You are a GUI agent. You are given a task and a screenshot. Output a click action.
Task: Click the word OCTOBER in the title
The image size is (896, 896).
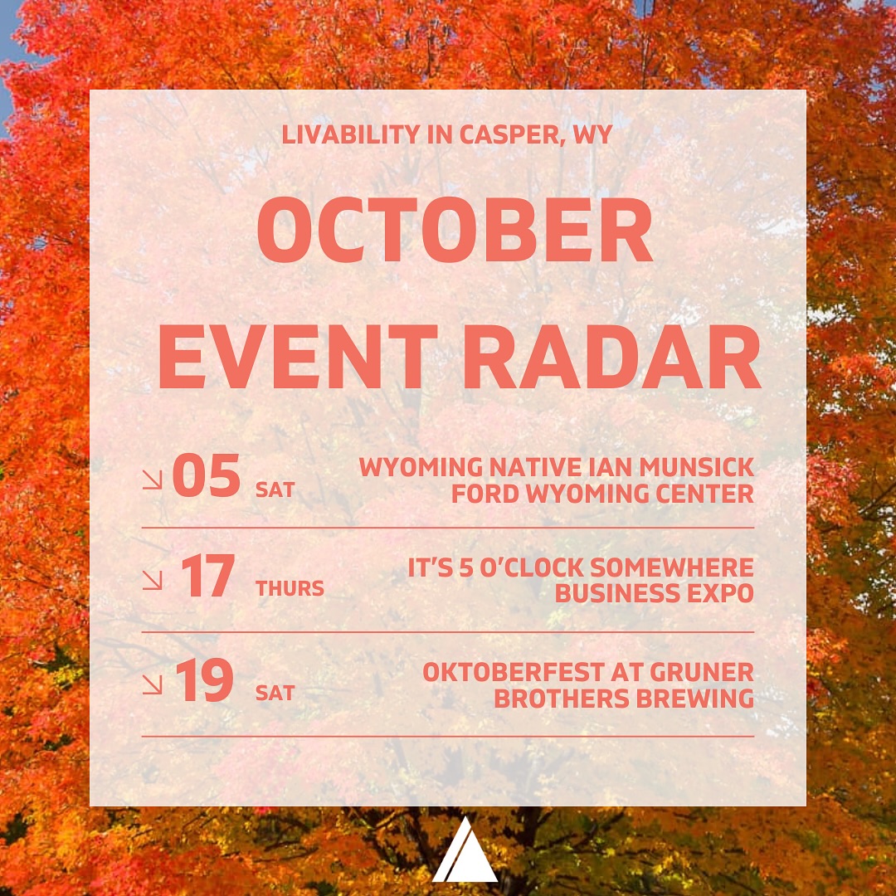coord(455,230)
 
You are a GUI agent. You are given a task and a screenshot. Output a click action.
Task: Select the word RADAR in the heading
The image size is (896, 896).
coord(611,357)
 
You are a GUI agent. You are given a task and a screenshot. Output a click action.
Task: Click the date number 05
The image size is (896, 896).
coord(207,475)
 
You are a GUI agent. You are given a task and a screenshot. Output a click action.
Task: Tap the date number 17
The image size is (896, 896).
coord(207,576)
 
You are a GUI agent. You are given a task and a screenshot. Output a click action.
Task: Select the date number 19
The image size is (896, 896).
coord(205,679)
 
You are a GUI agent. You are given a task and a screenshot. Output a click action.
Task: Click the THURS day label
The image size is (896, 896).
coord(290,588)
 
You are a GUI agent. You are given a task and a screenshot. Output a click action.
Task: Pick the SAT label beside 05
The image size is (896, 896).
coord(275,489)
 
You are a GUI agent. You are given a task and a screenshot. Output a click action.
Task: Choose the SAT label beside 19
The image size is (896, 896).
coord(275,693)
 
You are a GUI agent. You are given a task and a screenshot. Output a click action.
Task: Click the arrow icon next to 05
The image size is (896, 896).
coord(153,480)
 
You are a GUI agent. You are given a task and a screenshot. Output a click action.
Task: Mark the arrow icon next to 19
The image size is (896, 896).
coord(153,684)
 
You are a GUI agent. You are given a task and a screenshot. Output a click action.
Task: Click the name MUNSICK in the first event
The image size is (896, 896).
coord(697,467)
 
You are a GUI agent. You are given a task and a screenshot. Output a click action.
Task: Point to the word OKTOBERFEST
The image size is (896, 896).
coord(514,673)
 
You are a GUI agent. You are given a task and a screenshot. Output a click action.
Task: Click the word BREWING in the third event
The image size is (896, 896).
coord(695,699)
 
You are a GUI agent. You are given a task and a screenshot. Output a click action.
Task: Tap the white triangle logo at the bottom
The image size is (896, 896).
coord(465,851)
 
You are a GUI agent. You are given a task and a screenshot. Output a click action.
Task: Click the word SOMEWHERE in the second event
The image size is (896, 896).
coord(672,568)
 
